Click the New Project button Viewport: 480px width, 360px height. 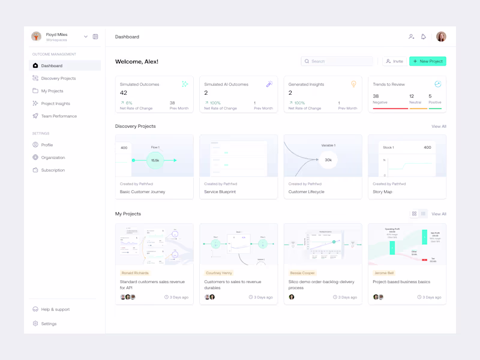[428, 61]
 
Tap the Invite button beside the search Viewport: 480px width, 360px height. [394, 61]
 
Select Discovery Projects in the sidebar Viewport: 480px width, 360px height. [58, 79]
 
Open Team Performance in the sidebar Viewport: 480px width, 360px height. [59, 116]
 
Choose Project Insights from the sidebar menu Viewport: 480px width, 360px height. [56, 104]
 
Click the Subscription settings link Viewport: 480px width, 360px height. [53, 170]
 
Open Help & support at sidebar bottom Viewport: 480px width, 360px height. [55, 310]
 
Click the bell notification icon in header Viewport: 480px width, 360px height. [424, 37]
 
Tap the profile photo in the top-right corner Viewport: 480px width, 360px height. [441, 37]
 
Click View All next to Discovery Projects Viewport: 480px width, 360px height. [439, 127]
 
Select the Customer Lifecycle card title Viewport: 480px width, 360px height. [307, 192]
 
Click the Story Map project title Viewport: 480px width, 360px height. [383, 192]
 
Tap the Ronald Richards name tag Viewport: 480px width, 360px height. [135, 273]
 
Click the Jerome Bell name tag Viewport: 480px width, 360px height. [384, 273]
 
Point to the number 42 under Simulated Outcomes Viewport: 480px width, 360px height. [124, 93]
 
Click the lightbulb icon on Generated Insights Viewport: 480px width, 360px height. [353, 84]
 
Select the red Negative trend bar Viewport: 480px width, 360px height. [390, 109]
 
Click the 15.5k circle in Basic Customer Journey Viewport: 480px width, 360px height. [155, 160]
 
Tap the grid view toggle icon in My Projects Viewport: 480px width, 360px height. [414, 214]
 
